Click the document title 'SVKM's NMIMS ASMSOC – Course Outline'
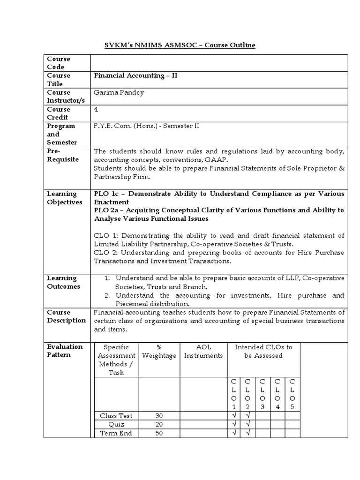pos(180,45)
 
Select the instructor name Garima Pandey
pos(119,92)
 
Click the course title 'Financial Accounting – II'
pos(135,75)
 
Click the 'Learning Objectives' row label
pos(64,198)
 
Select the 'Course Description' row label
pos(66,316)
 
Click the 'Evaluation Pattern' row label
pos(65,351)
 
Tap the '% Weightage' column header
pos(159,351)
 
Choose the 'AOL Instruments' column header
pos(203,351)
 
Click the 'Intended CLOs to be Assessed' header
pos(263,351)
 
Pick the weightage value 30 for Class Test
pos(159,415)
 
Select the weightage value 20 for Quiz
pos(159,424)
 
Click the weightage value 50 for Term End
pos(159,433)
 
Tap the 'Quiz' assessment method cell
pos(116,424)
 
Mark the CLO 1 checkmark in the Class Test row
pos(233,415)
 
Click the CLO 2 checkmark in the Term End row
pos(247,433)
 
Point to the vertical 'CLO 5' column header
pos(292,394)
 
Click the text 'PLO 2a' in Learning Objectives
pos(106,210)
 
